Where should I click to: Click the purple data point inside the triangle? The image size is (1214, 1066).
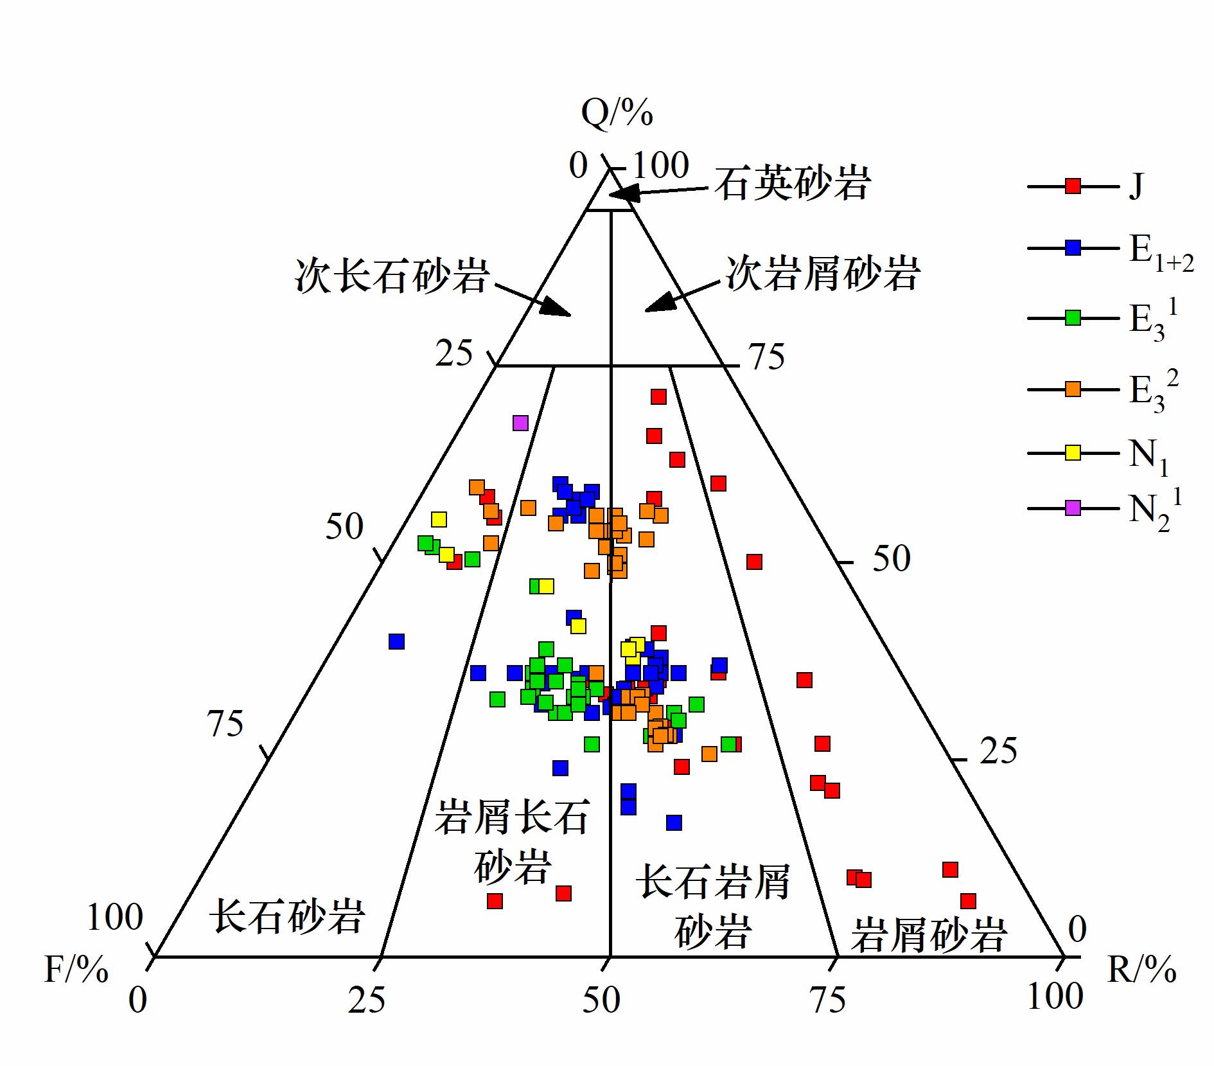pyautogui.click(x=520, y=423)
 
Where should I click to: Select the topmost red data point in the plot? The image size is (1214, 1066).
pyautogui.click(x=658, y=396)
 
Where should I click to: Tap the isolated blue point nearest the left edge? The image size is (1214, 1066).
pyautogui.click(x=396, y=641)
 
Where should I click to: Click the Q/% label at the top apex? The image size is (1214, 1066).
pyautogui.click(x=617, y=114)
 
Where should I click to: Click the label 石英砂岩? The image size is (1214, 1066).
pyautogui.click(x=793, y=183)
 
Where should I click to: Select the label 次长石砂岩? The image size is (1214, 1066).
pyautogui.click(x=392, y=276)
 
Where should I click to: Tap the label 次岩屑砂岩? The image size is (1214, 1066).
pyautogui.click(x=823, y=273)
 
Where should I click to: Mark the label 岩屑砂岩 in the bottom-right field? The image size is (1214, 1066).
pyautogui.click(x=928, y=935)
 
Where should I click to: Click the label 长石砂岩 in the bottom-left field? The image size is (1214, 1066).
pyautogui.click(x=288, y=916)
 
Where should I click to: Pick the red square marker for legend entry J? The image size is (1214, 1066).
pyautogui.click(x=1073, y=186)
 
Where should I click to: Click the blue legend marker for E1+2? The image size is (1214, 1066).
pyautogui.click(x=1073, y=247)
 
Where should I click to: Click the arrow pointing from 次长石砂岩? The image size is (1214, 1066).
pyautogui.click(x=532, y=300)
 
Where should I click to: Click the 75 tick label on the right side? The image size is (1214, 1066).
pyautogui.click(x=767, y=357)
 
